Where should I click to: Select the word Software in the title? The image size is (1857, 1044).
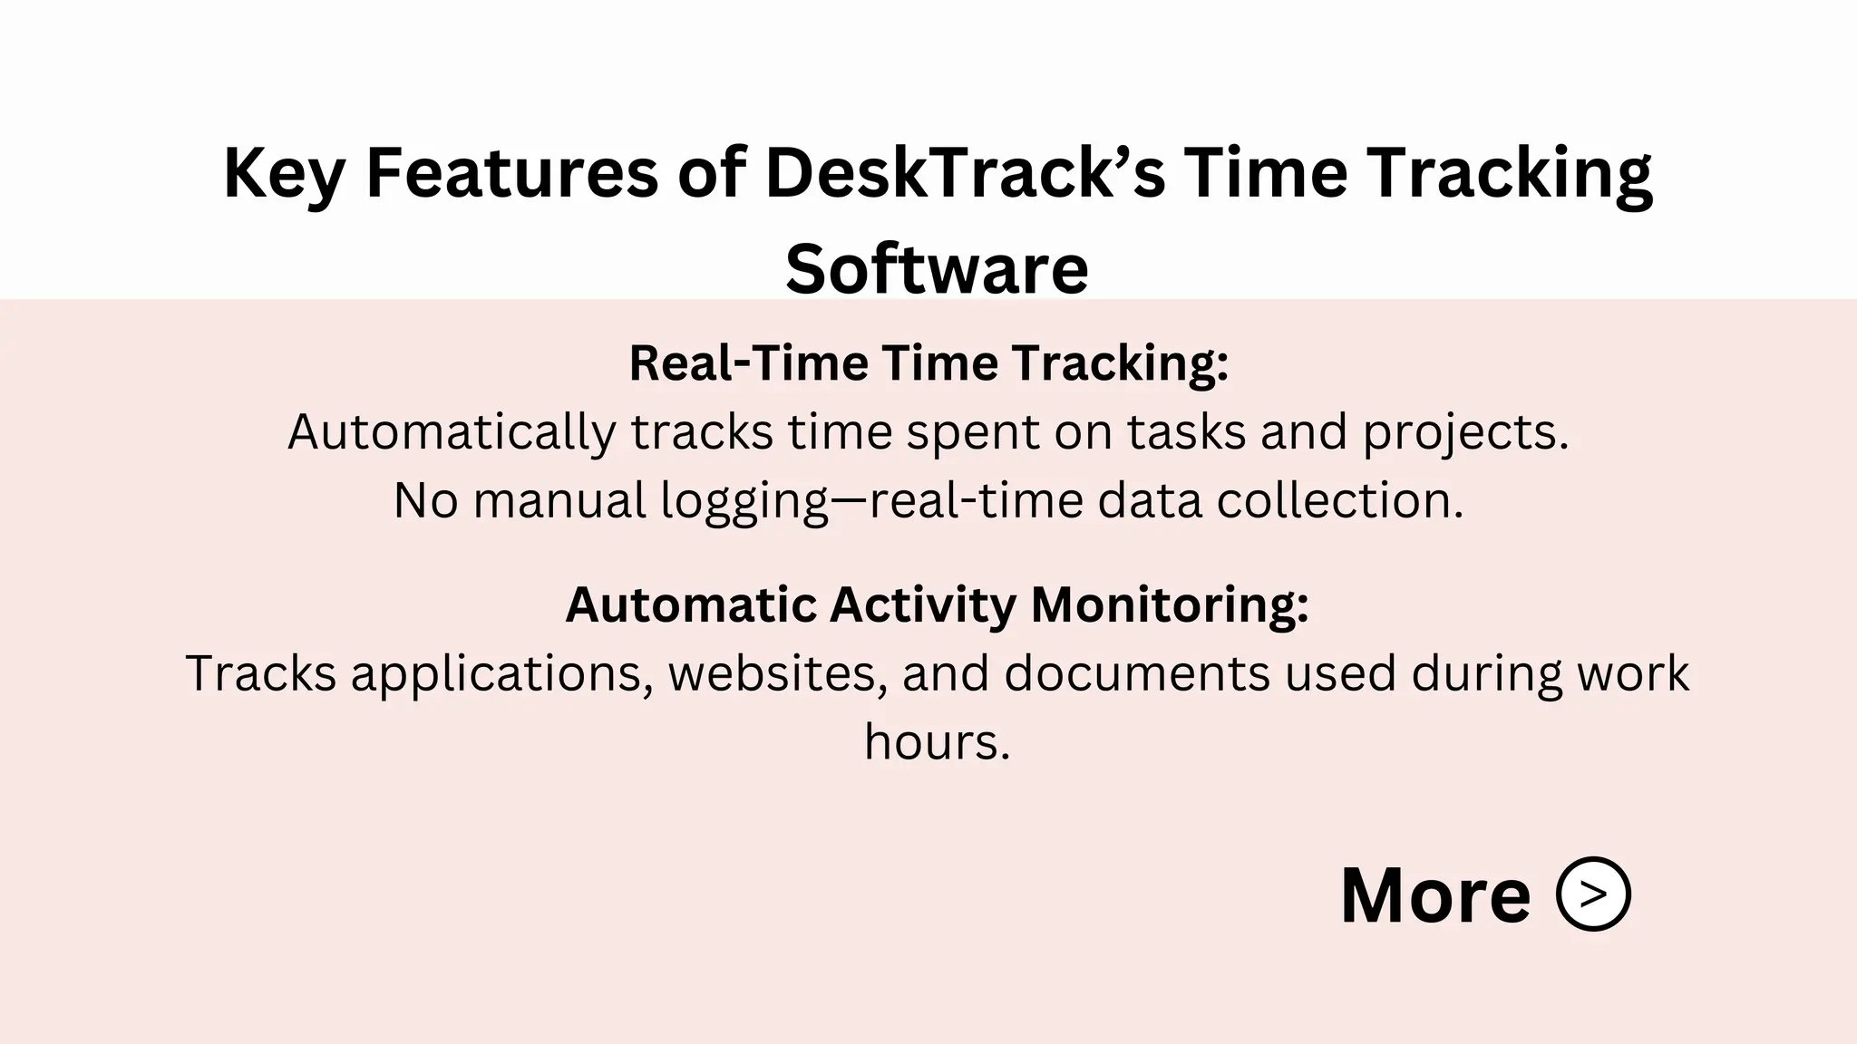point(936,269)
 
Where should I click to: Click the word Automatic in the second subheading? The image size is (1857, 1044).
point(690,604)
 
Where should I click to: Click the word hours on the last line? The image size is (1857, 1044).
point(936,742)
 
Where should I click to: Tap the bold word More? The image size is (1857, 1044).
point(1435,896)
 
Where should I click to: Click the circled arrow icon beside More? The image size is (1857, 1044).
point(1593,894)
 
